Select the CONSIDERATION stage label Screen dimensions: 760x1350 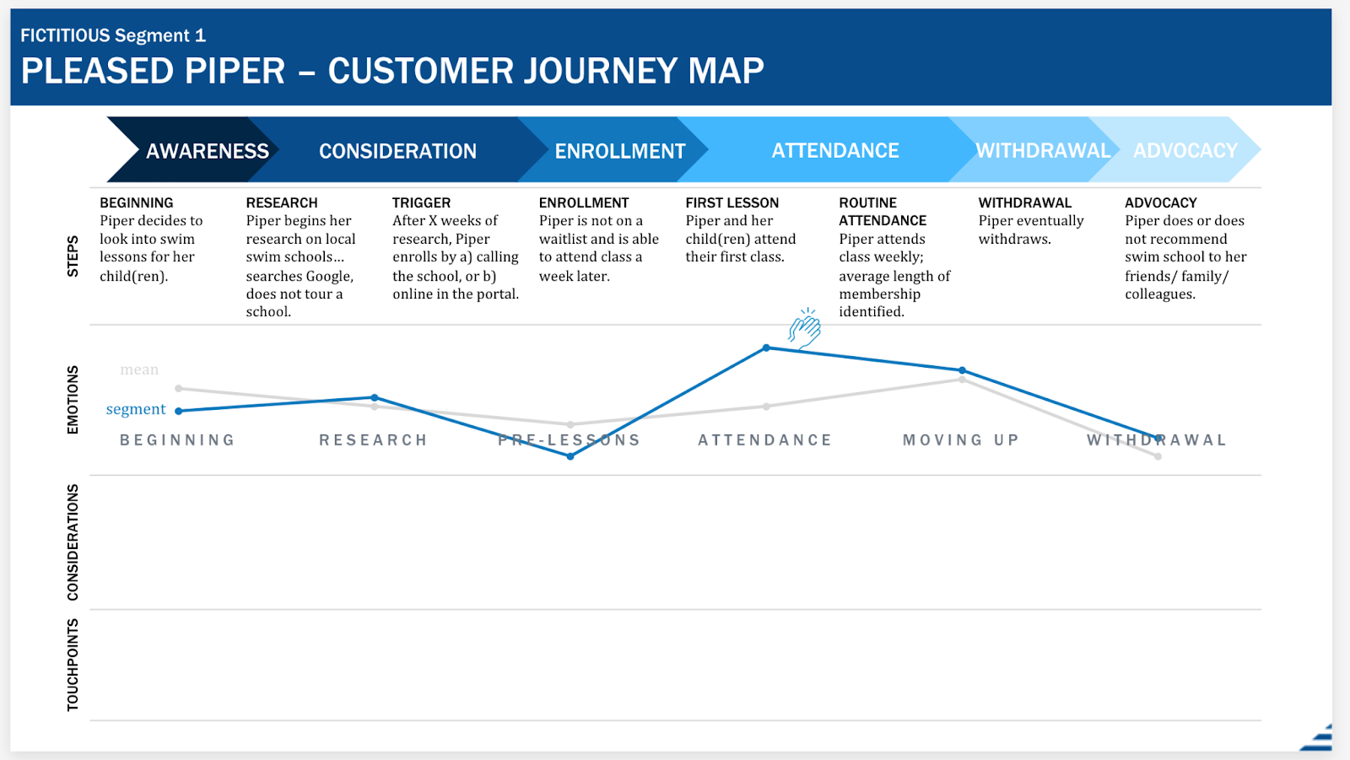point(397,151)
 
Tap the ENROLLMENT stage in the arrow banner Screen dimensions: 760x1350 point(619,151)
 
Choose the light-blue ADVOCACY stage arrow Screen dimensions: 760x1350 point(1185,151)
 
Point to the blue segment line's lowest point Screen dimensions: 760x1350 point(570,456)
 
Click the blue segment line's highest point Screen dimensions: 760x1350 point(766,348)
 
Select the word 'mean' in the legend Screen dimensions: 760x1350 point(139,369)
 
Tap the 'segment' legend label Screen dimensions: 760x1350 point(136,409)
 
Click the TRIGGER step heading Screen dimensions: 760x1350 point(421,202)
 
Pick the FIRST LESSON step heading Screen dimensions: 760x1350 point(732,202)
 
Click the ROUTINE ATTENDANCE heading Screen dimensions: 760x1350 point(883,212)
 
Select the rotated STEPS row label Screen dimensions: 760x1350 point(73,256)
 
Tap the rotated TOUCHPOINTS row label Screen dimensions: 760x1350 point(73,664)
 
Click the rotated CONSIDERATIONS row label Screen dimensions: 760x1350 point(73,542)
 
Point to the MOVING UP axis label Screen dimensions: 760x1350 point(961,440)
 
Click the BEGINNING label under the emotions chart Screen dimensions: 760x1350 point(177,440)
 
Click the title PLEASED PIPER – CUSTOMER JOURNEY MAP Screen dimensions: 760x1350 point(392,71)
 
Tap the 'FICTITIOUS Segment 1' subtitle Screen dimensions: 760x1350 point(113,35)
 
